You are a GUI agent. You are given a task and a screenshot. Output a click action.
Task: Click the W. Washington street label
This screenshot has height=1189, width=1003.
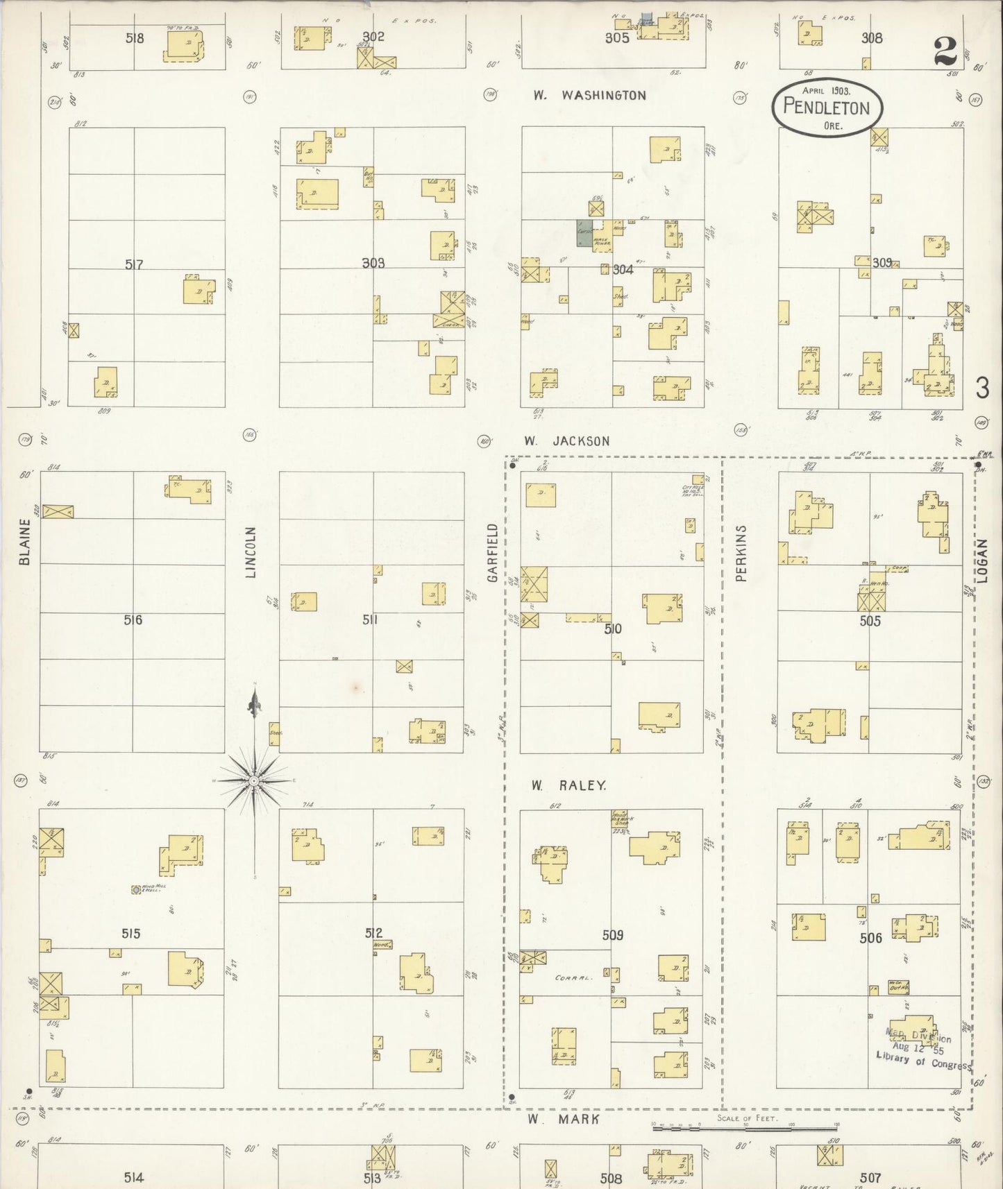pos(589,96)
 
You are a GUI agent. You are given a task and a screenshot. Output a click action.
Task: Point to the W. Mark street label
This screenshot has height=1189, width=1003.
pos(562,1119)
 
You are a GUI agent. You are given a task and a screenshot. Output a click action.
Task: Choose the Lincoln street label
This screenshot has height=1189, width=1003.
pos(251,552)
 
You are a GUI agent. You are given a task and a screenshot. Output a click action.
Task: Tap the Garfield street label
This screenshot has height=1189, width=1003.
pos(494,552)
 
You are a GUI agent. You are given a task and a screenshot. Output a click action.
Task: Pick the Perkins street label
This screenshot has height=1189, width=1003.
pos(741,552)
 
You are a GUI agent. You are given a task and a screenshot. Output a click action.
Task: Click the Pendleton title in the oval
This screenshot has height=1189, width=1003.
pos(826,107)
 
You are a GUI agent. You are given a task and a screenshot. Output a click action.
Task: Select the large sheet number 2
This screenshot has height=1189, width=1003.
pos(945,51)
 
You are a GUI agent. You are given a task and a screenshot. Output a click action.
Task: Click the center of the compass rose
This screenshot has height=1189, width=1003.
pos(255,781)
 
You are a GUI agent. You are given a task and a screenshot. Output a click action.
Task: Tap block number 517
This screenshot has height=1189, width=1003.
pos(134,264)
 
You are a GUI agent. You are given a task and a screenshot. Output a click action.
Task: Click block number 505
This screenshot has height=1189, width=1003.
pos(870,621)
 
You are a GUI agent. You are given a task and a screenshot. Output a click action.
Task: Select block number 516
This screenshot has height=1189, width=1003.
pos(133,619)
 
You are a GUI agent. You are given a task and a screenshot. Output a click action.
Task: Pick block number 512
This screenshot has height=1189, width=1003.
pos(374,933)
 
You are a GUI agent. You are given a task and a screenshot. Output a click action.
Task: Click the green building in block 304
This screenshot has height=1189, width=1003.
pos(584,234)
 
